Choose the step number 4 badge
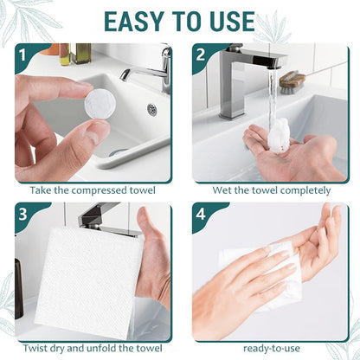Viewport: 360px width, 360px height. (x=201, y=214)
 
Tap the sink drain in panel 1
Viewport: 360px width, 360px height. (x=151, y=110)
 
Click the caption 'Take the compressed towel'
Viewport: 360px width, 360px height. (x=92, y=189)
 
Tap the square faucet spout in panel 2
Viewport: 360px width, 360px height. (x=260, y=61)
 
